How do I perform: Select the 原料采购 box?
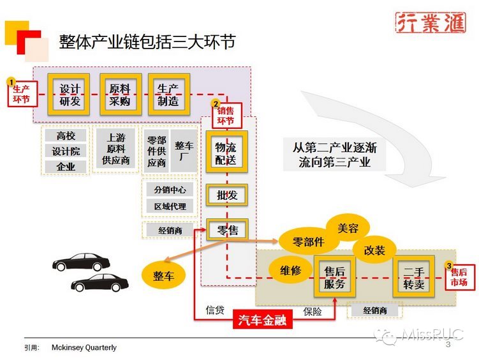click(x=119, y=94)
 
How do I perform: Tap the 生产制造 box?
click(x=168, y=94)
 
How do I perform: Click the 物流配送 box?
click(x=226, y=154)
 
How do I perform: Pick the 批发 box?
click(x=226, y=195)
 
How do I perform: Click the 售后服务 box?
click(x=334, y=278)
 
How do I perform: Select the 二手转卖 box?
click(x=413, y=278)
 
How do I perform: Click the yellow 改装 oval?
click(x=374, y=250)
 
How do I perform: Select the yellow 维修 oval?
click(x=290, y=270)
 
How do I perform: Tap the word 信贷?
click(x=214, y=310)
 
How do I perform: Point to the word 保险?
click(x=313, y=311)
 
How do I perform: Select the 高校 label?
click(x=66, y=136)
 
